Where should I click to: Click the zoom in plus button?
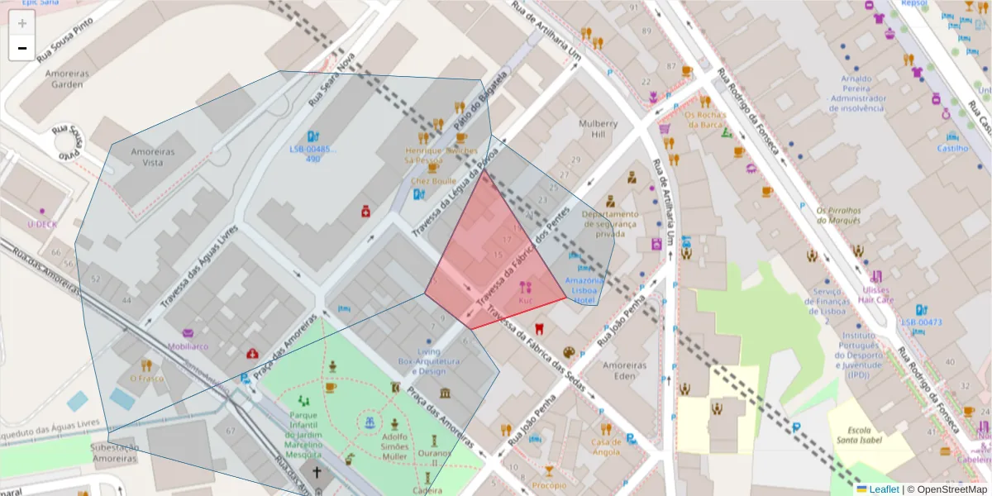[x=21, y=23]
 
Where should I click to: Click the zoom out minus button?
[x=21, y=48]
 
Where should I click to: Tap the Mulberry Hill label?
[x=592, y=129]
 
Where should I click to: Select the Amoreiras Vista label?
[x=141, y=157]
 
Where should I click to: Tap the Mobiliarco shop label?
[x=188, y=346]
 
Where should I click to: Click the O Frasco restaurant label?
[x=146, y=379]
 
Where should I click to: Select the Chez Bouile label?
[x=432, y=180]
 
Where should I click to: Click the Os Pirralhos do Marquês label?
[x=838, y=215]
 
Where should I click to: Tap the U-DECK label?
[x=41, y=224]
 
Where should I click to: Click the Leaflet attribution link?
[x=884, y=489]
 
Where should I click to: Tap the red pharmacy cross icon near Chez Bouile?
[x=365, y=212]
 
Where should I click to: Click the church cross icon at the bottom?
[x=317, y=473]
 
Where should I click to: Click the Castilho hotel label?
[x=952, y=149]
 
